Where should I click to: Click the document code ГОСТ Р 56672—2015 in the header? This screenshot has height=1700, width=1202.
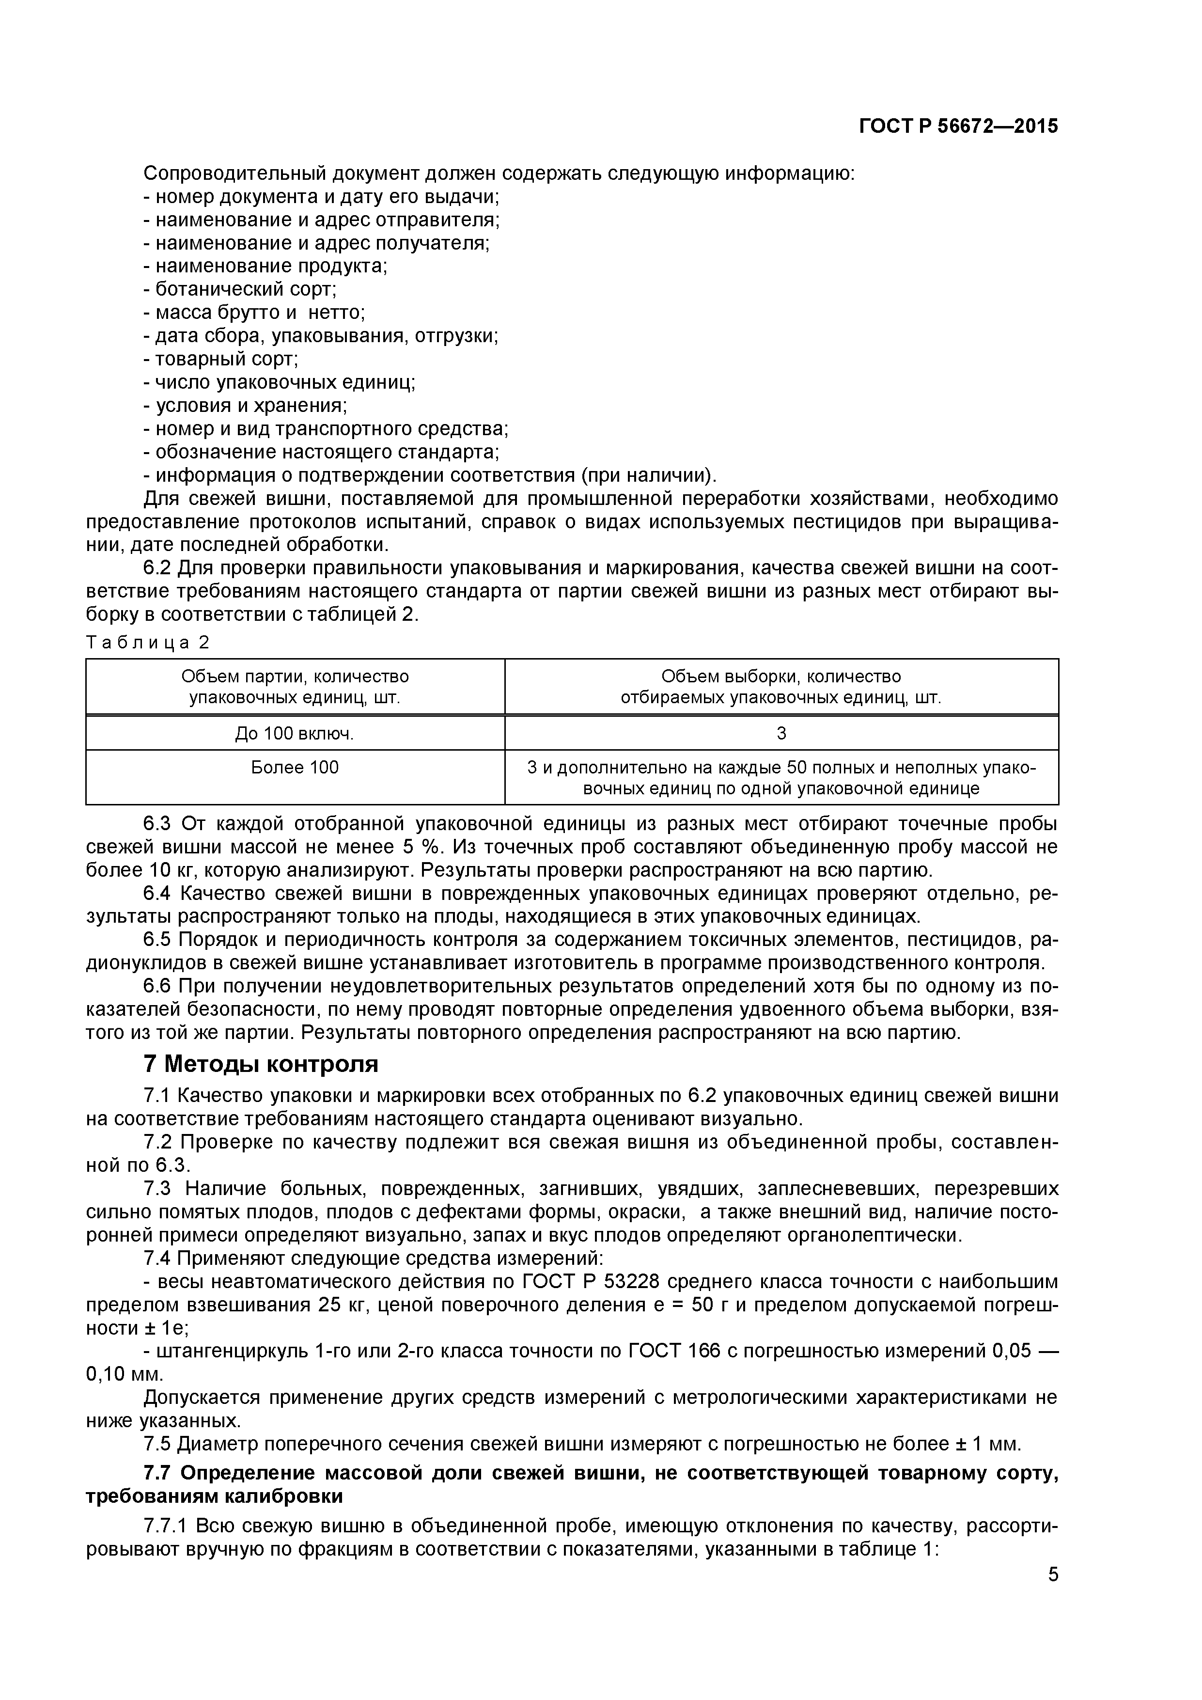[x=958, y=126]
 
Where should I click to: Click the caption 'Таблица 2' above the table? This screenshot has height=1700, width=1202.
[x=148, y=643]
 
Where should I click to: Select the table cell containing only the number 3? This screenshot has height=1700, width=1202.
[x=781, y=733]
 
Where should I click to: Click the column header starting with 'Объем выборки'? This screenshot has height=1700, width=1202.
[x=781, y=686]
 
